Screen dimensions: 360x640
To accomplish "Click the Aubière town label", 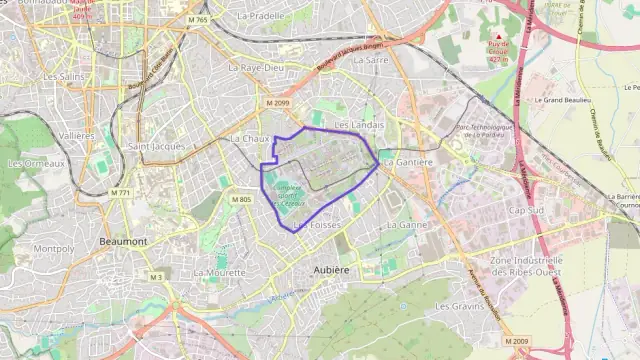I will (331, 270).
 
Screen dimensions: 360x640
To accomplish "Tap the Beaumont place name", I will (123, 242).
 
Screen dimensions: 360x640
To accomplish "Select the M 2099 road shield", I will (277, 103).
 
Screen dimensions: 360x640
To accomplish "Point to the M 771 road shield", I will (121, 192).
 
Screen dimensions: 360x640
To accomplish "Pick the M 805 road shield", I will (241, 200).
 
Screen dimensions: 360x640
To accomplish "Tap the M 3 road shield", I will (156, 276).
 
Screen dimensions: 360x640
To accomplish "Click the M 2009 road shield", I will (517, 342).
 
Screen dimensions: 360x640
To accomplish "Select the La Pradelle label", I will (261, 17).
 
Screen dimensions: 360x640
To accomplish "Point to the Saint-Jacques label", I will (157, 146).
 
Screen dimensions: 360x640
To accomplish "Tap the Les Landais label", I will (359, 125).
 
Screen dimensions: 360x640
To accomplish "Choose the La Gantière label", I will (408, 162).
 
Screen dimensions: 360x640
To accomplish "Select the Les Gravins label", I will (459, 306).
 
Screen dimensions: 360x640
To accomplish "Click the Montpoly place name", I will (53, 249).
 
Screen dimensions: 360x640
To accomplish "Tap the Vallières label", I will (77, 135).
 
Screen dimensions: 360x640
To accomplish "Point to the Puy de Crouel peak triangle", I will (498, 37).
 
